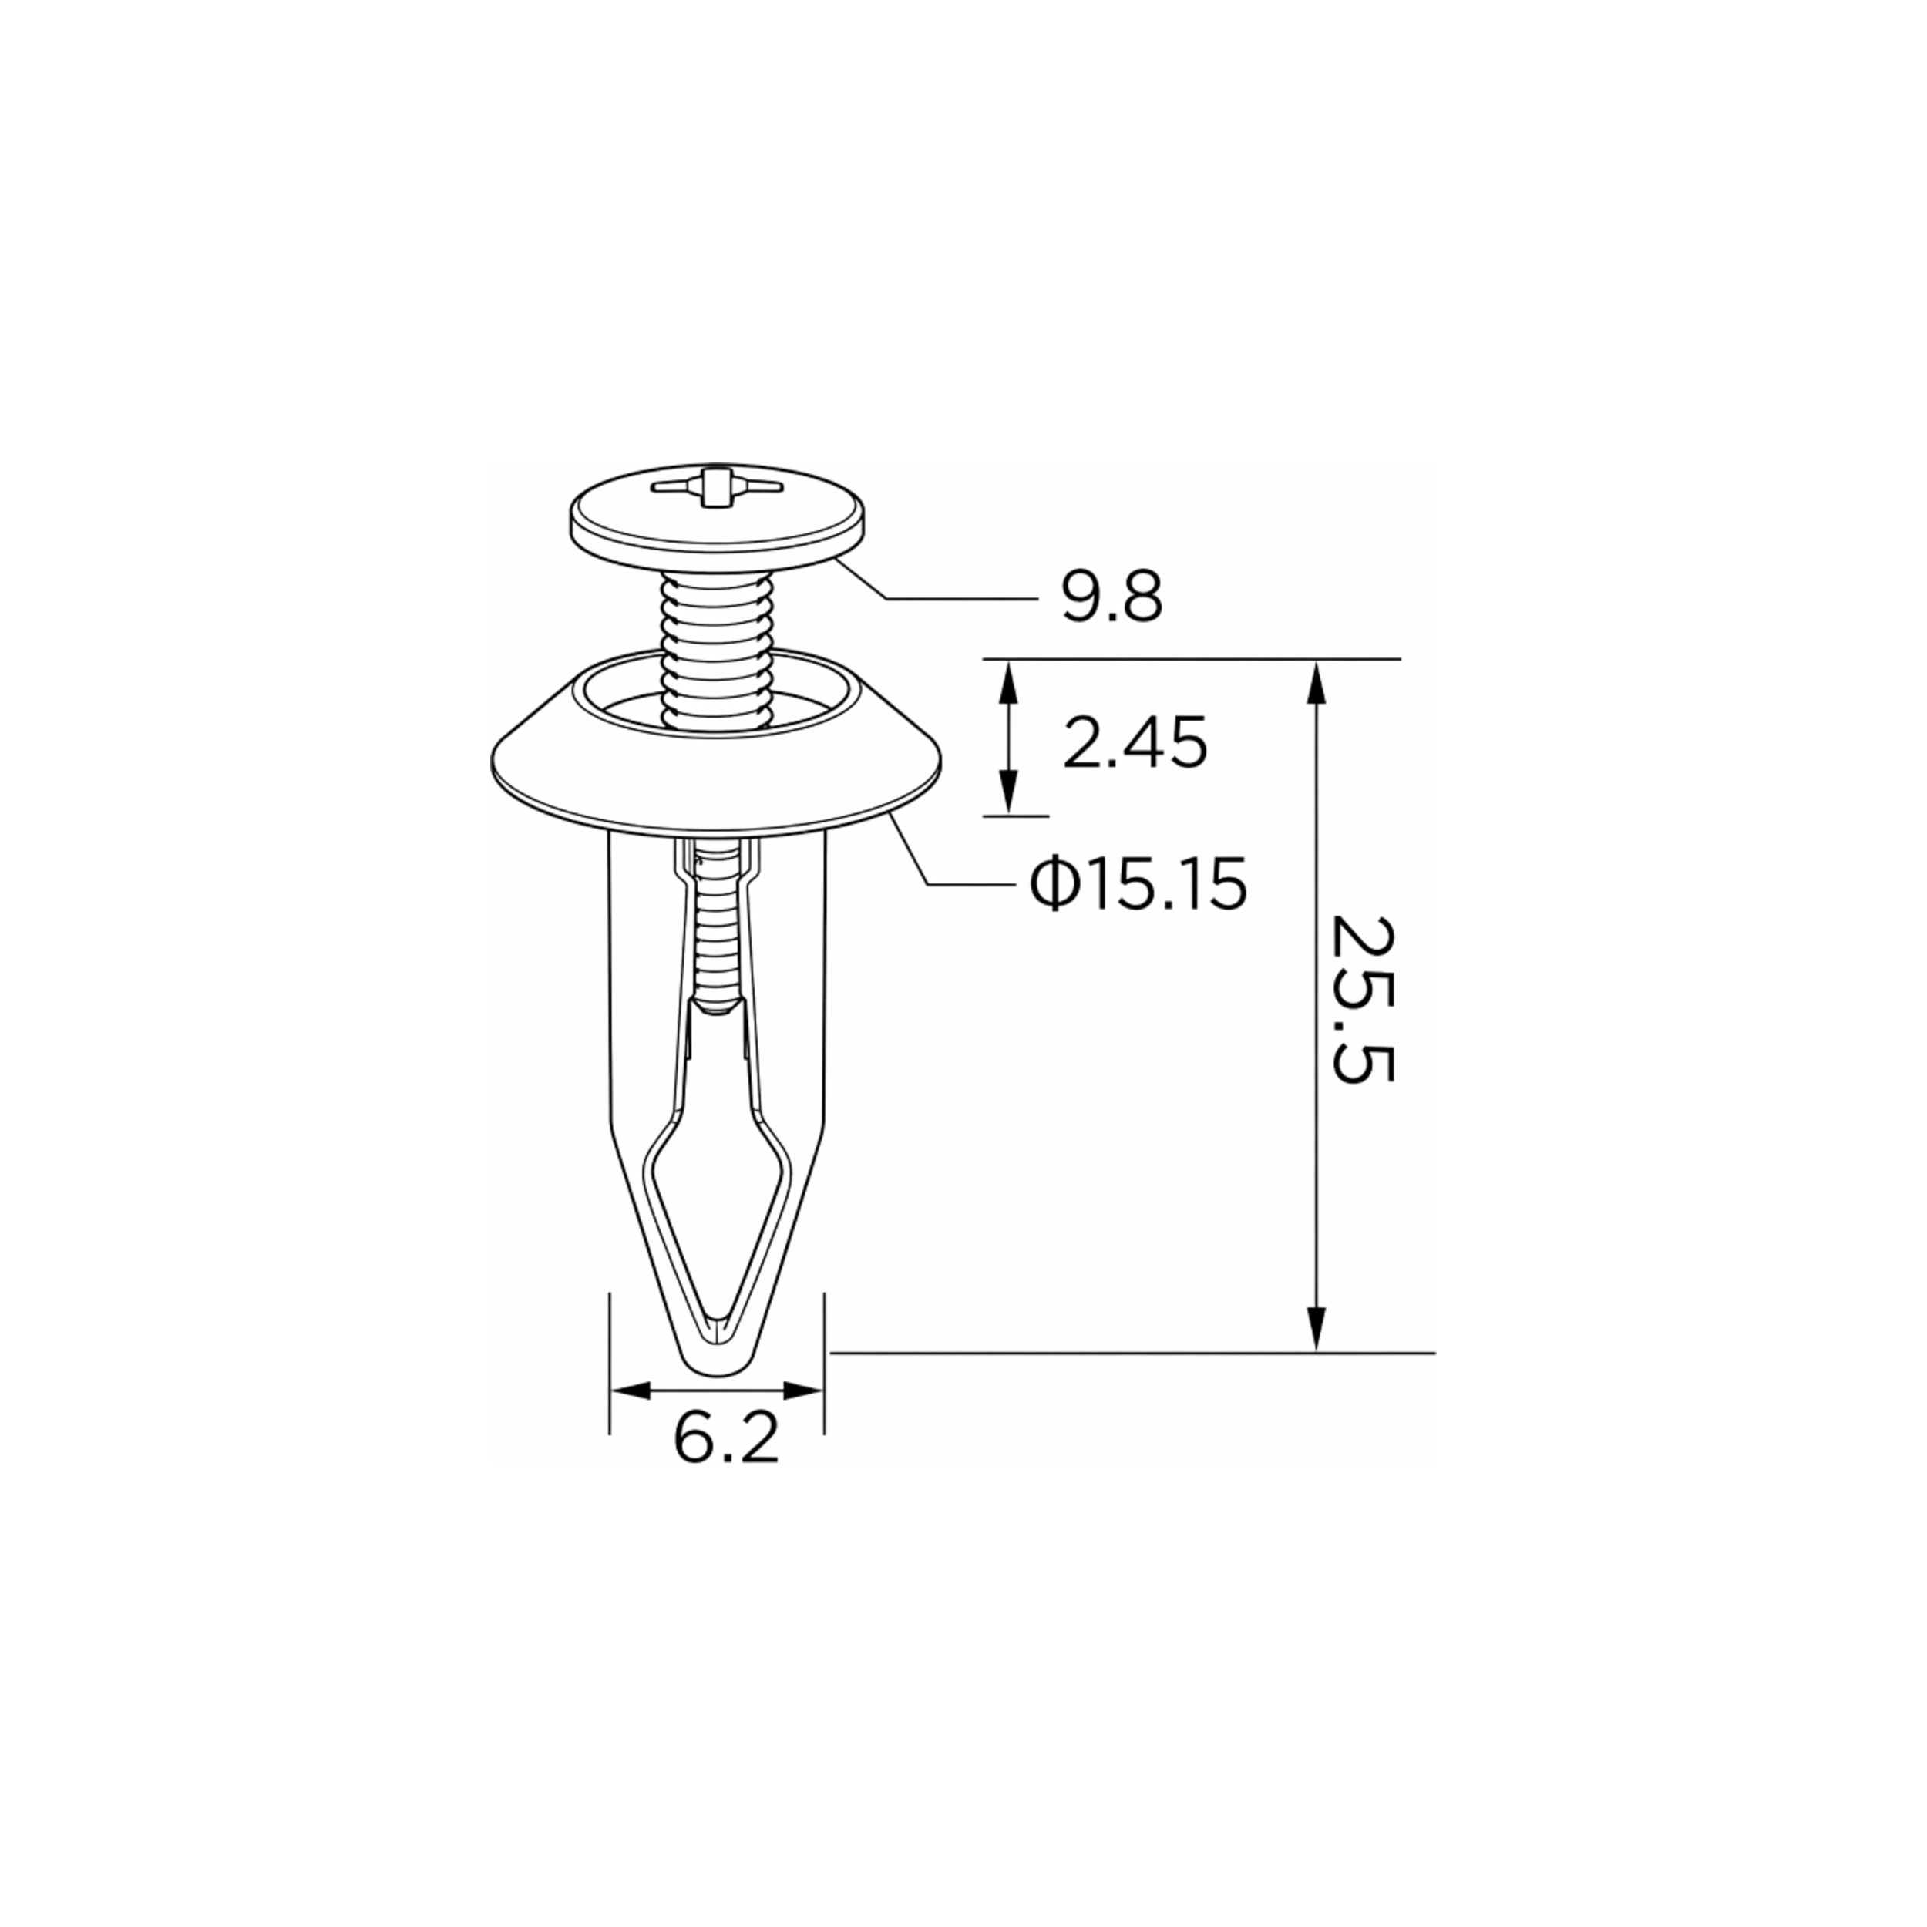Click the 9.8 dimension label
(x=1111, y=598)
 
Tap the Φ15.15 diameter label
(x=1138, y=883)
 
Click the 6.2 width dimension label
(x=725, y=1438)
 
